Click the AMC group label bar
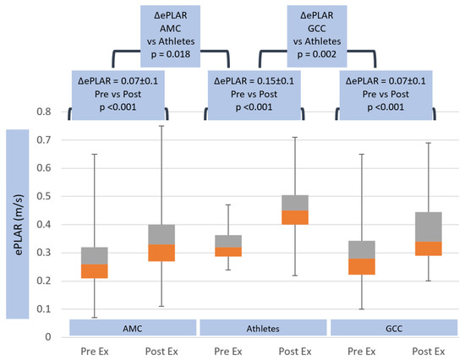point(134,326)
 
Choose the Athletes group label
point(264,326)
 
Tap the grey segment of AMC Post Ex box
point(161,235)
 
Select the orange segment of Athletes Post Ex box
point(295,217)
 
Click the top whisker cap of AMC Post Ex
point(161,126)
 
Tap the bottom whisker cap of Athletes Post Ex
point(295,275)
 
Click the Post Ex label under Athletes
point(295,351)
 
